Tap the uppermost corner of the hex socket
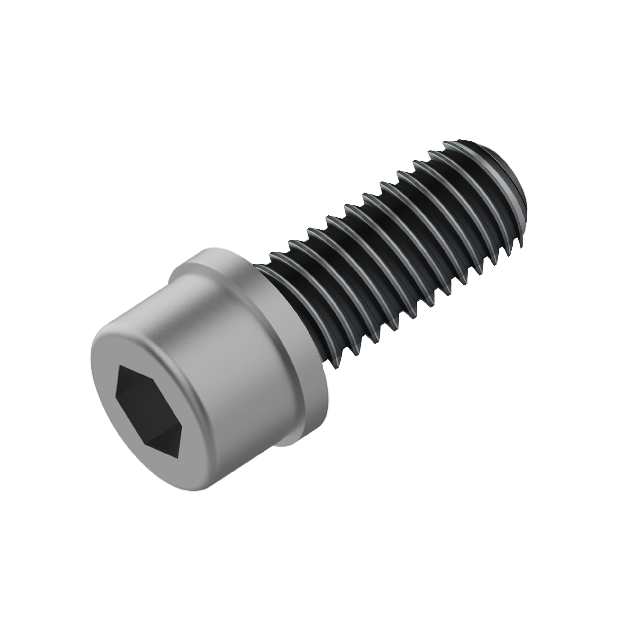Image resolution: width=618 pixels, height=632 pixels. coord(121,366)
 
